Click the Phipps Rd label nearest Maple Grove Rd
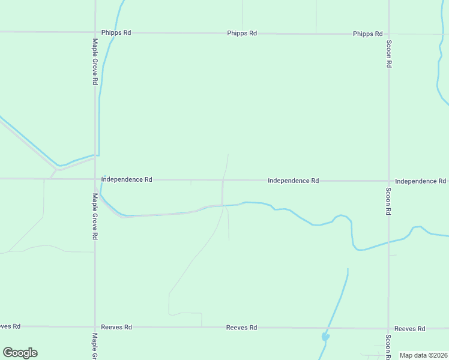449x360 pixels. pos(116,32)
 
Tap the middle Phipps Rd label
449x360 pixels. pos(242,33)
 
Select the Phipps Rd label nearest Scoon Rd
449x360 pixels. pos(368,34)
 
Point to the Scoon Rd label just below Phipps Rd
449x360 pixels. pos(389,54)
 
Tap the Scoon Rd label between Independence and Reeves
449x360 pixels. pos(389,202)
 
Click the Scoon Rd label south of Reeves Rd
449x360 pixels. pos(389,346)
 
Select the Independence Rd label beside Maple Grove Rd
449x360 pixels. pos(127,179)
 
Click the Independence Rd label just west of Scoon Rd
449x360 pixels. pos(293,180)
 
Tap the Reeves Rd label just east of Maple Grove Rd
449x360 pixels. pos(116,327)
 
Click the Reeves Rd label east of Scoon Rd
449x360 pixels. pos(410,328)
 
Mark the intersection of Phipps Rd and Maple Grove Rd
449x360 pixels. pos(95,32)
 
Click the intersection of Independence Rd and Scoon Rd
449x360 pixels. pos(388,181)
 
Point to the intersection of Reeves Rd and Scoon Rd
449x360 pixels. pos(388,328)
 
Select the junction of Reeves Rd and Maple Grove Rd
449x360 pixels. pos(95,327)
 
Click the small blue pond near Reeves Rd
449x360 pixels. pos(325,337)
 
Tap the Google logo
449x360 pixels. pos(20,353)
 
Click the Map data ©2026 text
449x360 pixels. pos(423,355)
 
